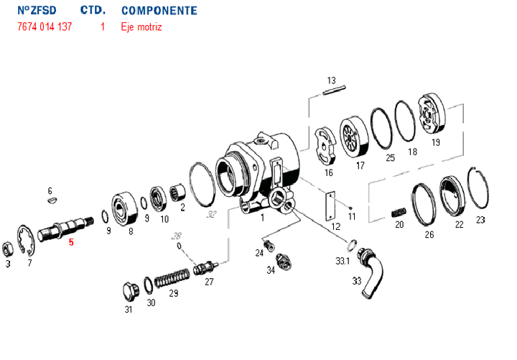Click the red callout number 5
pyautogui.click(x=71, y=242)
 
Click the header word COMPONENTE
pyautogui.click(x=159, y=11)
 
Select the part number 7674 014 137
pyautogui.click(x=45, y=27)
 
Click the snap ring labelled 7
pyautogui.click(x=27, y=242)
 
